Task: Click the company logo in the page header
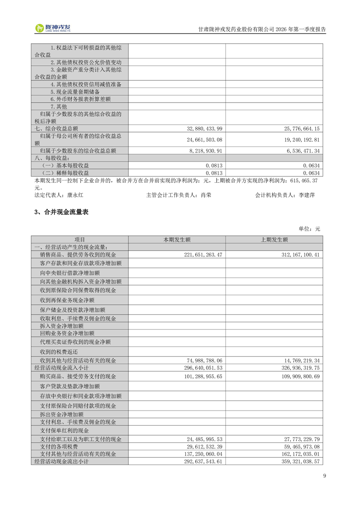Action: pyautogui.click(x=53, y=28)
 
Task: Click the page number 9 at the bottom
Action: pyautogui.click(x=324, y=475)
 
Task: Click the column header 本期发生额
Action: pyautogui.click(x=177, y=240)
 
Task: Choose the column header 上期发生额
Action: pyautogui.click(x=274, y=240)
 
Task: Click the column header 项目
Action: pyautogui.click(x=79, y=240)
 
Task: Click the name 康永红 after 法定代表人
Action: pyautogui.click(x=75, y=195)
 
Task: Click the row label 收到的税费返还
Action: pyautogui.click(x=59, y=352)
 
